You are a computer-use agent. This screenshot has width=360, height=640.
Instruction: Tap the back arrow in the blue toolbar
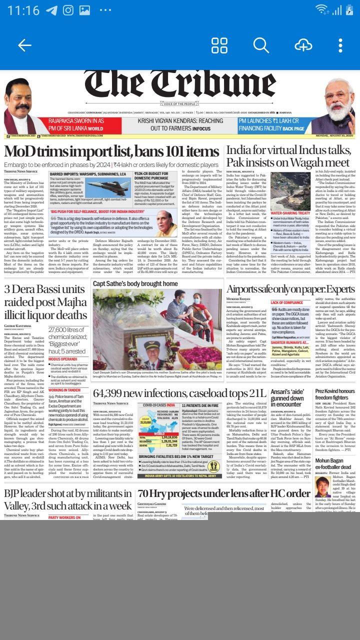[x=24, y=45]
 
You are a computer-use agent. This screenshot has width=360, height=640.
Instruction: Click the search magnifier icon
[x=261, y=45]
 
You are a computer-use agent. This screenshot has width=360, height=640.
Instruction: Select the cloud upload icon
[x=303, y=45]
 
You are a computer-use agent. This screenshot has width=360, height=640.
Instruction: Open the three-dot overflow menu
[x=340, y=45]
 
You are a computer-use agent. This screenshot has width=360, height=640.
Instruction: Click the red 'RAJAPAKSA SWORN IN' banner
[x=77, y=124]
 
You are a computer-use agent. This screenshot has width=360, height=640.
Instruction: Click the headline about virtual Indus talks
[x=288, y=156]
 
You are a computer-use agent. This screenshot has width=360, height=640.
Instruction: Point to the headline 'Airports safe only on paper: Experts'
[x=290, y=289]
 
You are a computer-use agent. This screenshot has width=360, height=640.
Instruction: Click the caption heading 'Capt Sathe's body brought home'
[x=135, y=284]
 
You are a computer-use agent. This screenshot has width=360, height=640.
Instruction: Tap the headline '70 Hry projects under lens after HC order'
[x=223, y=493]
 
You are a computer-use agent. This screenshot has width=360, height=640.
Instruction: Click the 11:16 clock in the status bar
[x=23, y=10]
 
